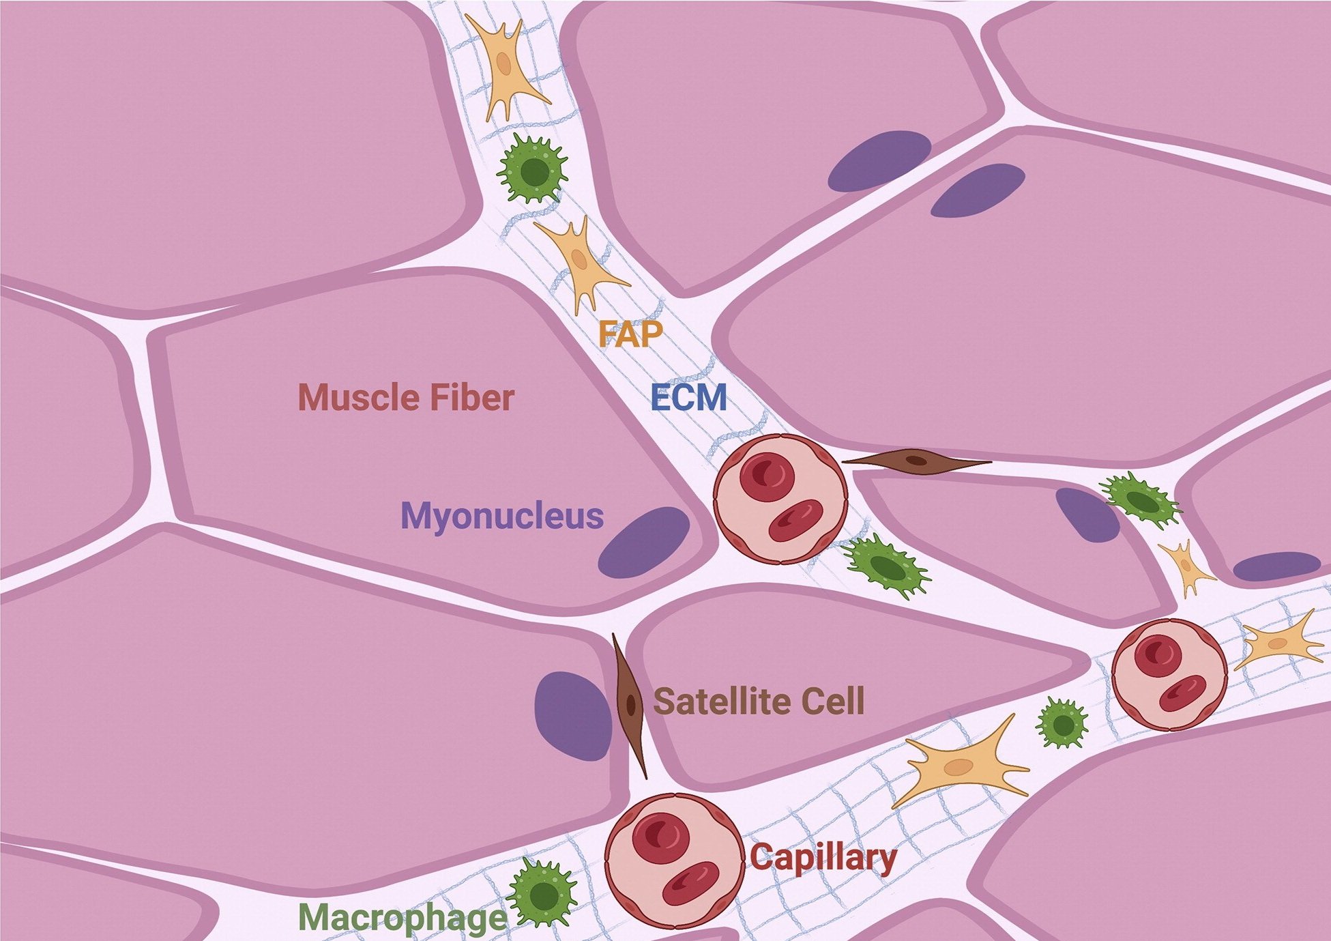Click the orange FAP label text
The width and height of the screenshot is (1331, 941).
point(630,334)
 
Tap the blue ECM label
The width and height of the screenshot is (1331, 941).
point(688,397)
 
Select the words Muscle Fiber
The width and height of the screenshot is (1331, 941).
point(406,397)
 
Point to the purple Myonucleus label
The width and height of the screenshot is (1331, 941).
point(502,517)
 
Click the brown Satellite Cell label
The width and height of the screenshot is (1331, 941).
point(759,701)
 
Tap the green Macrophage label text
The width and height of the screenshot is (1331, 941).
point(403,918)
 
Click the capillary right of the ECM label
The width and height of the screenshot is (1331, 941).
point(780,498)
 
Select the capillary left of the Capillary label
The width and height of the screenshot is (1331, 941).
point(674,861)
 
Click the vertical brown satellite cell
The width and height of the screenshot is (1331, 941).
point(630,706)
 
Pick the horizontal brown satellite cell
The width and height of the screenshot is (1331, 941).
point(916,462)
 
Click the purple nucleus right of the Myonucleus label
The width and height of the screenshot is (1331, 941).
point(645,542)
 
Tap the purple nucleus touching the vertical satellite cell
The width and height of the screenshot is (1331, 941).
point(572,715)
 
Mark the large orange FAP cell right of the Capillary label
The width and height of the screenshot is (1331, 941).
point(962,767)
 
